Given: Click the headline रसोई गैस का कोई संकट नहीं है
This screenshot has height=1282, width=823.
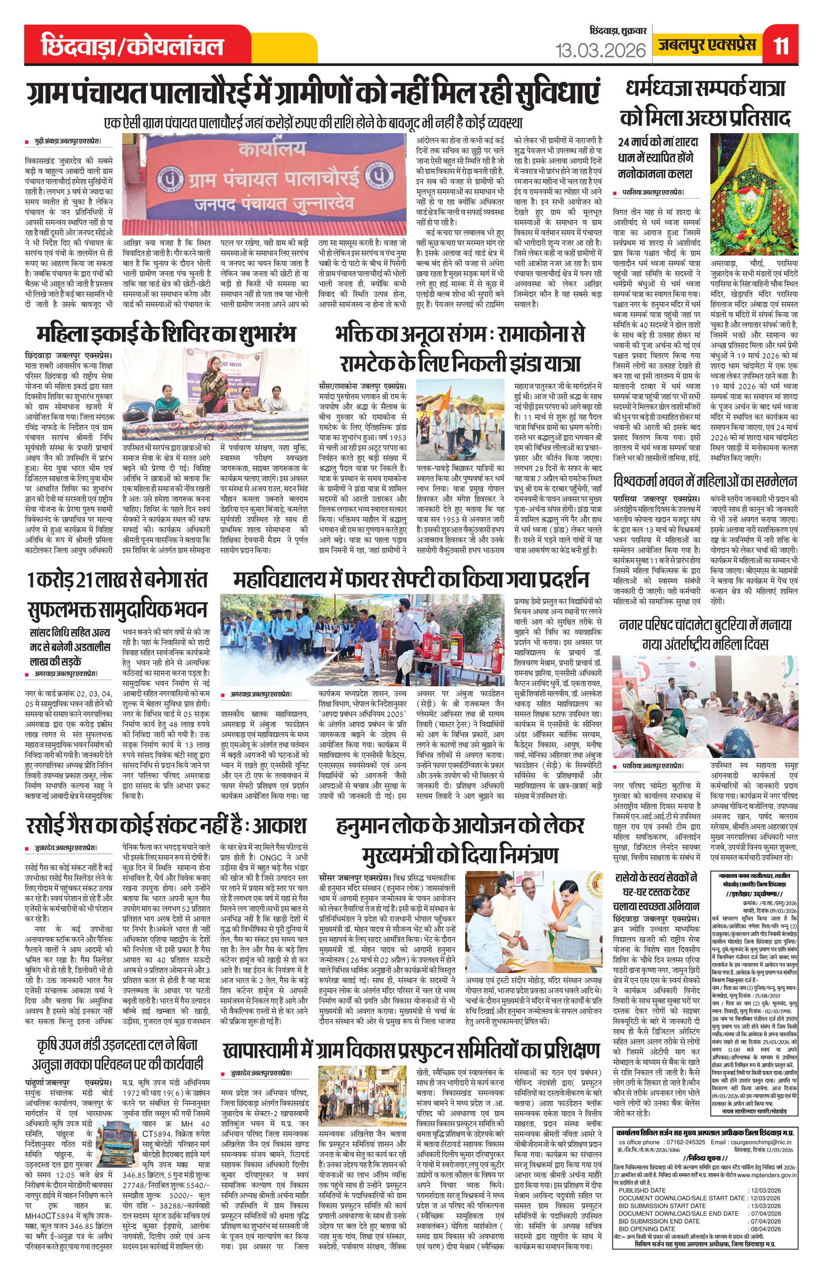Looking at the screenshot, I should point(166,825).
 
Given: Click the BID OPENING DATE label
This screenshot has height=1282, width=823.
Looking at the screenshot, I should point(645,1224).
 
